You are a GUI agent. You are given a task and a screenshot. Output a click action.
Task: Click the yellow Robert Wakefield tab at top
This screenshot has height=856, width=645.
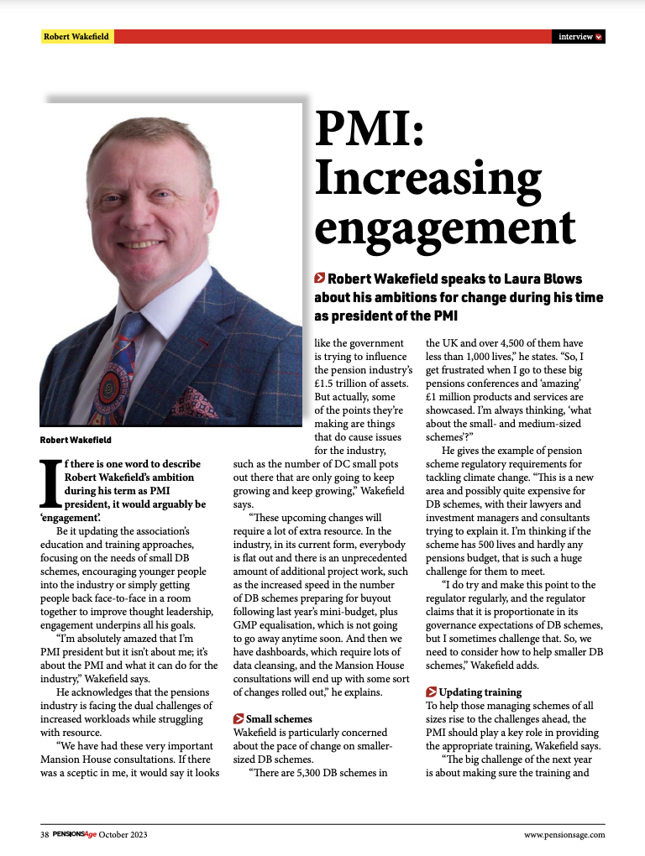[76, 37]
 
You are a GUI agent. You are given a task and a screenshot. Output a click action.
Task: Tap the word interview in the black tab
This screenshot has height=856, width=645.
[574, 37]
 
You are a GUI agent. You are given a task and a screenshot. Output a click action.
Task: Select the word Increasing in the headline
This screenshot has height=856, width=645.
[428, 178]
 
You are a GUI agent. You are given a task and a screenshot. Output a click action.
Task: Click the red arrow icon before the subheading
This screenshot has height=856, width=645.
[320, 278]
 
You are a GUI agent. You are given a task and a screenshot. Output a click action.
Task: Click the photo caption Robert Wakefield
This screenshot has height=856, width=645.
[76, 440]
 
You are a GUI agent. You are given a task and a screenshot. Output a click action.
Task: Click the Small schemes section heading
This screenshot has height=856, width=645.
[278, 718]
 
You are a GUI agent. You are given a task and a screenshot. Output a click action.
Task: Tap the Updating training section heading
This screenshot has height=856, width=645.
[480, 692]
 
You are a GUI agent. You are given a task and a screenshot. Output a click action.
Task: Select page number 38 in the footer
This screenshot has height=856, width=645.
[44, 834]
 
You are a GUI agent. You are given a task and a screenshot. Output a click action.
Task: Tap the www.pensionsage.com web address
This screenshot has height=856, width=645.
[564, 834]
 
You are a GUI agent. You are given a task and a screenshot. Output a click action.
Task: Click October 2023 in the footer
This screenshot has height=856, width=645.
[123, 834]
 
